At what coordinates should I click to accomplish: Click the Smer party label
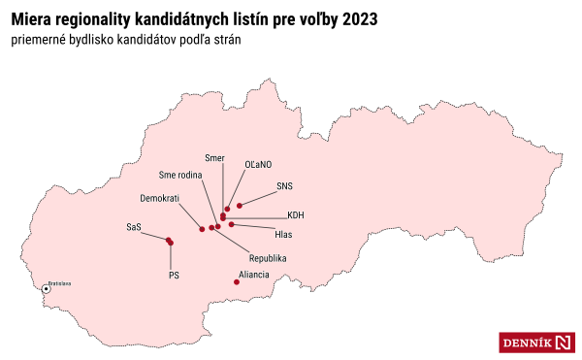214,157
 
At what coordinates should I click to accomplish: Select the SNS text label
284,184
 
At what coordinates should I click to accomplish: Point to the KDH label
296,215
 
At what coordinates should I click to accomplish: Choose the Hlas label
284,235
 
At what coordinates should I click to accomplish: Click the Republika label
267,258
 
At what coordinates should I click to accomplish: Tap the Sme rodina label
181,175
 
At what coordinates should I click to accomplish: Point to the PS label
175,276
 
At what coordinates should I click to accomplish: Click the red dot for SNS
240,205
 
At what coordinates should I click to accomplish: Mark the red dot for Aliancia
238,282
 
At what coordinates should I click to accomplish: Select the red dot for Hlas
231,224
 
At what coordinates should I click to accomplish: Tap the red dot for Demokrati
202,229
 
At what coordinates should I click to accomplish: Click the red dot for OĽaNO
227,209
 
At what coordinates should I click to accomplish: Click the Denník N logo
537,342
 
